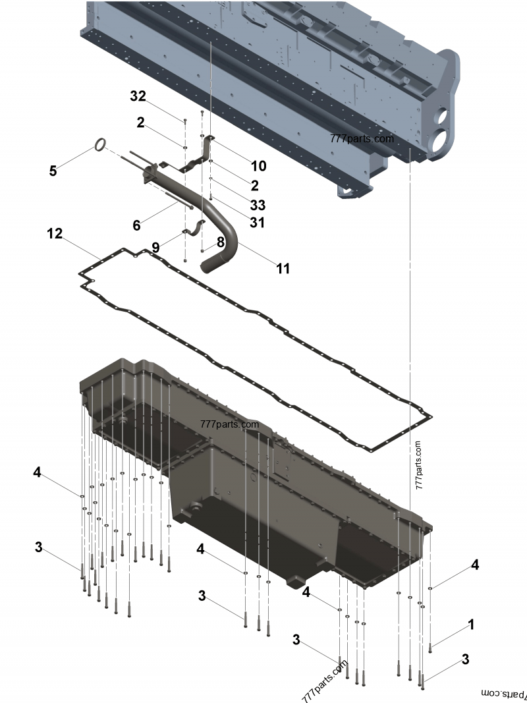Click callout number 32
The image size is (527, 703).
(x=138, y=96)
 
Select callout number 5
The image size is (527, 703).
(x=53, y=171)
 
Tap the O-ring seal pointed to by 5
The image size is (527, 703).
(x=99, y=144)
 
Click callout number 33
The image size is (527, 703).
(x=258, y=205)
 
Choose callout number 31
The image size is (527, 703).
(x=257, y=223)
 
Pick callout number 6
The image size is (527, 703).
(x=136, y=225)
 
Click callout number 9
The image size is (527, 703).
(x=155, y=248)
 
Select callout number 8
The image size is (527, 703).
(x=220, y=242)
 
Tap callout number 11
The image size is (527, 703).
(x=283, y=268)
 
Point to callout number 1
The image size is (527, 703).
(x=471, y=624)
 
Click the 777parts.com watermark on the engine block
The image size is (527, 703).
(x=362, y=139)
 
